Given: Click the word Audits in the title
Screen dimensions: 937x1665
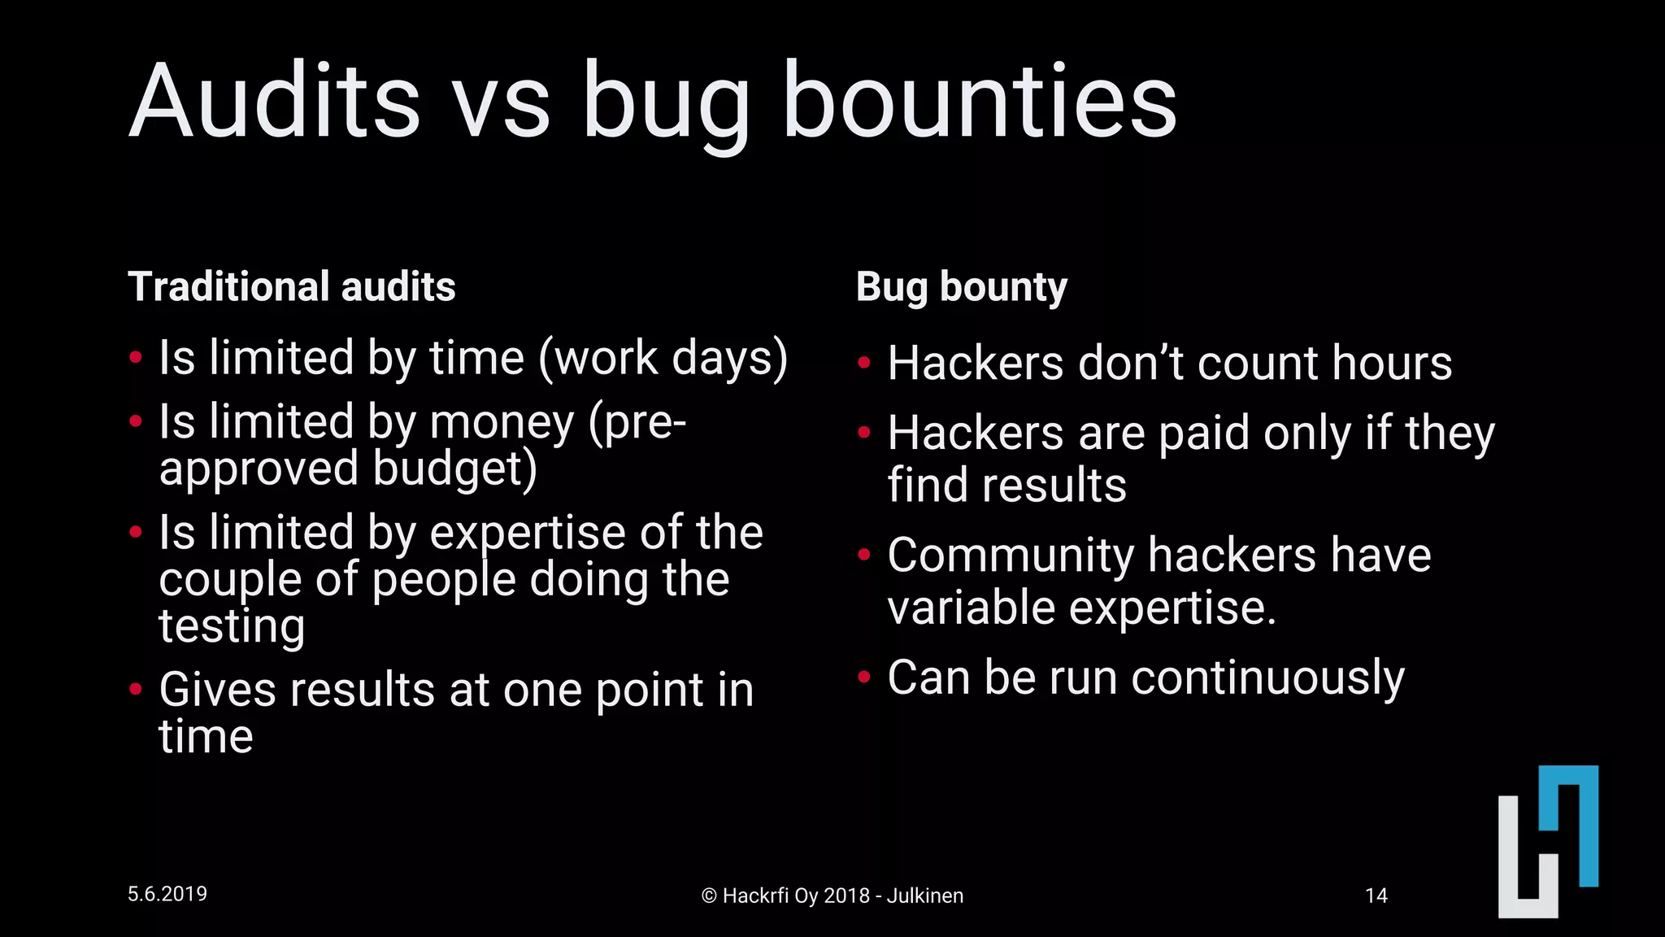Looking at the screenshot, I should (274, 102).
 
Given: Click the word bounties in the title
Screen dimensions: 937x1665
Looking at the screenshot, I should (979, 102).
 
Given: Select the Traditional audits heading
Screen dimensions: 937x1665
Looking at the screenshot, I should (291, 287).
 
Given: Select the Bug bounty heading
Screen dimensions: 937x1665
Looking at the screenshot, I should (961, 287).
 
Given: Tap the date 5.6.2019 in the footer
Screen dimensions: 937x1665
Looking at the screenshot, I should (167, 894).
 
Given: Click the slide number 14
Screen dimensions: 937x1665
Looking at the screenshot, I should (1376, 896).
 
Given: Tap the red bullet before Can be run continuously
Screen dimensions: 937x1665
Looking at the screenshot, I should (864, 676).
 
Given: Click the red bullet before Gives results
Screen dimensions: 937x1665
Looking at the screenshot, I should (136, 689).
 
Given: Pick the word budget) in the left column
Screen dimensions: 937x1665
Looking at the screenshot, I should (454, 469).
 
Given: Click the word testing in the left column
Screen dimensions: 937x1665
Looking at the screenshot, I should (232, 626).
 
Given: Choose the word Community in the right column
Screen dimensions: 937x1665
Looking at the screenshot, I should (1010, 556).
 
